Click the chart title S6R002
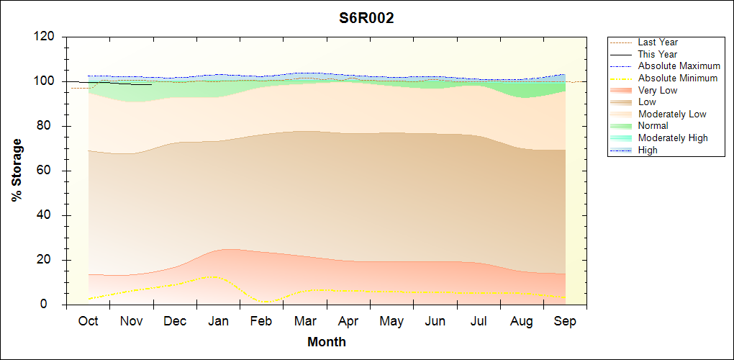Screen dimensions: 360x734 [366, 18]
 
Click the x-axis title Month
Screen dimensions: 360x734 [326, 342]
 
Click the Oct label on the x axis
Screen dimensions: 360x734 [88, 321]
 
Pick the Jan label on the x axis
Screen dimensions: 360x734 [218, 321]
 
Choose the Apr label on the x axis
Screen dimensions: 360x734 [348, 321]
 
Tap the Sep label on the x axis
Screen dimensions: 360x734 [565, 321]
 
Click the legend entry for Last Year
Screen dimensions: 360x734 [657, 42]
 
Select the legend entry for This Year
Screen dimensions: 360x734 [657, 54]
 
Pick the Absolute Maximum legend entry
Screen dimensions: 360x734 [679, 66]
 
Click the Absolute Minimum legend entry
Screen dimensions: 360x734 [677, 78]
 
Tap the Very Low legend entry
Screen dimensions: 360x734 [657, 90]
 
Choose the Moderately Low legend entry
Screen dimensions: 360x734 [672, 114]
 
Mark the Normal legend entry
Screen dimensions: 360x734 [653, 126]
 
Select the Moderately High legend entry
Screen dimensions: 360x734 [673, 138]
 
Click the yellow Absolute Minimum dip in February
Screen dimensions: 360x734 [264, 302]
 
